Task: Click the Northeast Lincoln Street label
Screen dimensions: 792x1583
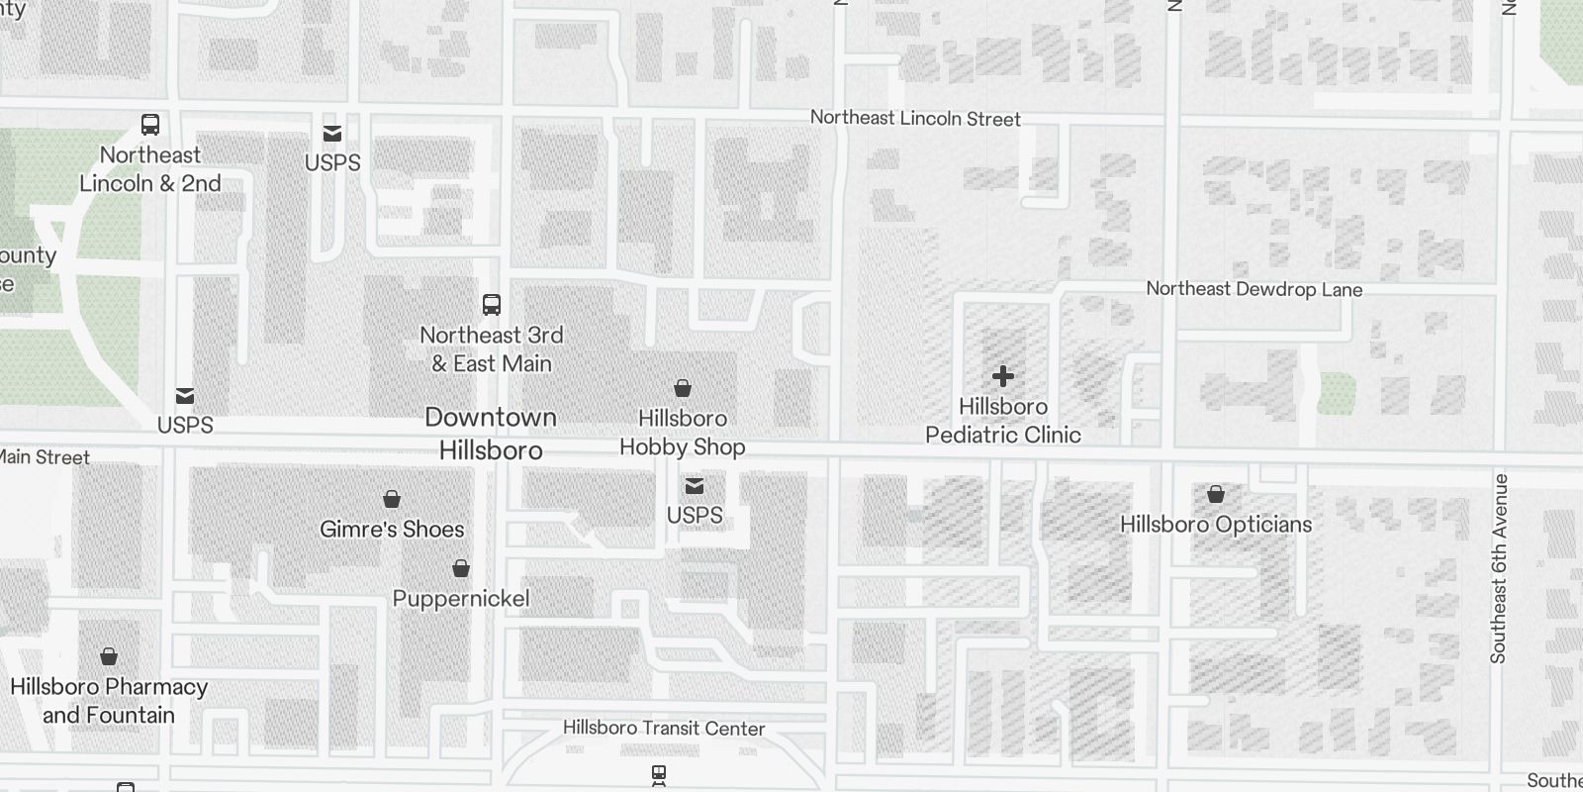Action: (915, 119)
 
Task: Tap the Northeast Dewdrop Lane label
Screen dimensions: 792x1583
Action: (1254, 289)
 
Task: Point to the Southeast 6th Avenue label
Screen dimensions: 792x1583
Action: (1498, 568)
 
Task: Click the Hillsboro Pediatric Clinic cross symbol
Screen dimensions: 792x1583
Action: (1003, 376)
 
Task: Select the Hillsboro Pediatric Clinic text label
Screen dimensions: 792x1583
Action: (1003, 421)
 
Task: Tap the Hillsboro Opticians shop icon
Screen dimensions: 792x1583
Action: (1216, 494)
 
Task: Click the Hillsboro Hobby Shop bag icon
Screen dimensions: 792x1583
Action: (683, 388)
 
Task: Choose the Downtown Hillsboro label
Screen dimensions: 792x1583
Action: (491, 434)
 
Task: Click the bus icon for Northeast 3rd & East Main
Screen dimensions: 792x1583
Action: (492, 304)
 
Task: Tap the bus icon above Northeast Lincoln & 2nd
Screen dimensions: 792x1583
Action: (150, 125)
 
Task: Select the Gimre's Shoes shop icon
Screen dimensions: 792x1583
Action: (392, 498)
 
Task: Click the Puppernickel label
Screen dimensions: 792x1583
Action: (461, 599)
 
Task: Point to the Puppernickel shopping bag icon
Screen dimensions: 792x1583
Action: (461, 568)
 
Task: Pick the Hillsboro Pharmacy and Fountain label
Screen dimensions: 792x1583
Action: (109, 701)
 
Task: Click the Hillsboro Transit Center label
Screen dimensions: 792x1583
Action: (664, 729)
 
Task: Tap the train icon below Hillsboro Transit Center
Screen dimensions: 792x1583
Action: (659, 774)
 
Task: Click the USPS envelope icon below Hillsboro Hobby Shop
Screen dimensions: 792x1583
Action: (695, 485)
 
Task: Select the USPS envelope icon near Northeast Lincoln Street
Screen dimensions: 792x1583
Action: (332, 134)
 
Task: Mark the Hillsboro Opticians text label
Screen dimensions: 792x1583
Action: (1216, 525)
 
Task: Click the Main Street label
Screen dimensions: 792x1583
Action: (45, 457)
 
